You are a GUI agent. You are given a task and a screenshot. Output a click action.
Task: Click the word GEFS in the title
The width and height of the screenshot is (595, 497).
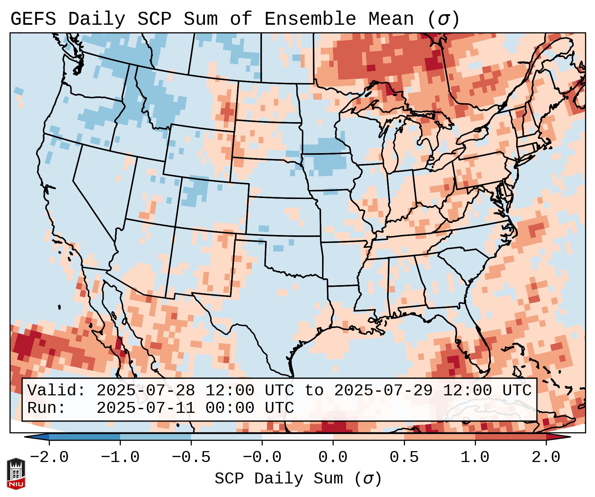tap(33, 19)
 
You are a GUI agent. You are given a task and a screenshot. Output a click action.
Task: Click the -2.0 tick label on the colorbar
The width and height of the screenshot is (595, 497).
tap(49, 457)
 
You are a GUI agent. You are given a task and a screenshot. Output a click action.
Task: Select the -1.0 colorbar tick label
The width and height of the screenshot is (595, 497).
tap(120, 457)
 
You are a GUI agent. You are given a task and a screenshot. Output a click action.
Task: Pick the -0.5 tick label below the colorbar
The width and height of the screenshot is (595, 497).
tap(191, 457)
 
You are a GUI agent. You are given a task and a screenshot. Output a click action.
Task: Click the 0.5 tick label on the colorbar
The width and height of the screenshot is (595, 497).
tap(404, 457)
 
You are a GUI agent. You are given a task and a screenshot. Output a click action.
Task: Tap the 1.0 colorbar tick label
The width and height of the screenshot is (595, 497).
tap(475, 457)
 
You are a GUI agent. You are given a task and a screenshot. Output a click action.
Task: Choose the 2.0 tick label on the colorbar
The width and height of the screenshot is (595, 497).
tap(546, 457)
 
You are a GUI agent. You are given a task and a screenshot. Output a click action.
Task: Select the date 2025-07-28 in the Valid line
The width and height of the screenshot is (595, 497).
tap(146, 391)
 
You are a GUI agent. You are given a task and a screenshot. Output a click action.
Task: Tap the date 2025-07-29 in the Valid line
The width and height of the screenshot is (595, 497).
tap(383, 391)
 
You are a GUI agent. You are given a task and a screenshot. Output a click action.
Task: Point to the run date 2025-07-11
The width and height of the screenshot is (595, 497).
tap(146, 408)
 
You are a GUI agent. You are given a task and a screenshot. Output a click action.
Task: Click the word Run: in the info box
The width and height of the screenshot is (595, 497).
tap(47, 408)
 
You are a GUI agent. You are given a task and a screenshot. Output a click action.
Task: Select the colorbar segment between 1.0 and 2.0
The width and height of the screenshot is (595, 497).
tap(511, 437)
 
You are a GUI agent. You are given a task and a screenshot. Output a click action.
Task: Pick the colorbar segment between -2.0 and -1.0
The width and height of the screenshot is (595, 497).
tap(84, 437)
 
